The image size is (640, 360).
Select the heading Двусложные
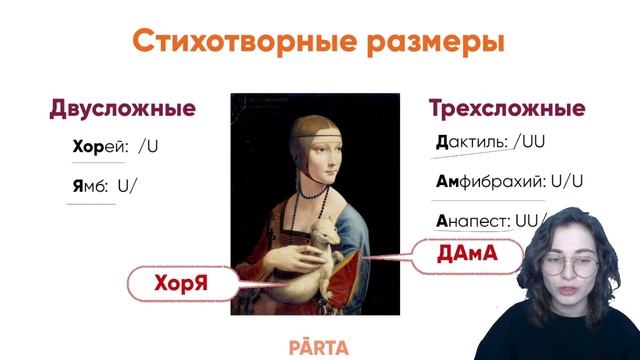122,108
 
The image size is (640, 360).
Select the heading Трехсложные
507,108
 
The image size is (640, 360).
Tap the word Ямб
89,185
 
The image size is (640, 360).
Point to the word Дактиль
472,142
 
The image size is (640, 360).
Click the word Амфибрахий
490,182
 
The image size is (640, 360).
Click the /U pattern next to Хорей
149,146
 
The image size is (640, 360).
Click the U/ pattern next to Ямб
127,185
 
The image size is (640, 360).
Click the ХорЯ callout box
181,283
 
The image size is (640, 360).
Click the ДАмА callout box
466,255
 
